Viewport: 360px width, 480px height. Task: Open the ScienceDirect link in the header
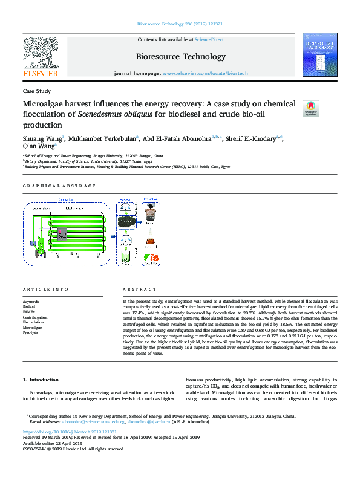click(x=209, y=39)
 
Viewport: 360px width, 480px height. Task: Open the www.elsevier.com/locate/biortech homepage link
click(x=205, y=73)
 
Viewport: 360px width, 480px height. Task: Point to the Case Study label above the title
click(x=37, y=91)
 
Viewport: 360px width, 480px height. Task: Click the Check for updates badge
click(x=310, y=108)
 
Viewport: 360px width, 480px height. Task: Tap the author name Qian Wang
click(x=38, y=146)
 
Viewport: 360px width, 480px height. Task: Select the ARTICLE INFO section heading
click(x=45, y=289)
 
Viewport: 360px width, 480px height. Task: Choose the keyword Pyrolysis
click(x=31, y=333)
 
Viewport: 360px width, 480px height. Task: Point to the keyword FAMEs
click(x=30, y=311)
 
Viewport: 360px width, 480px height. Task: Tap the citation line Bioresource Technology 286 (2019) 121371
click(x=180, y=25)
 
